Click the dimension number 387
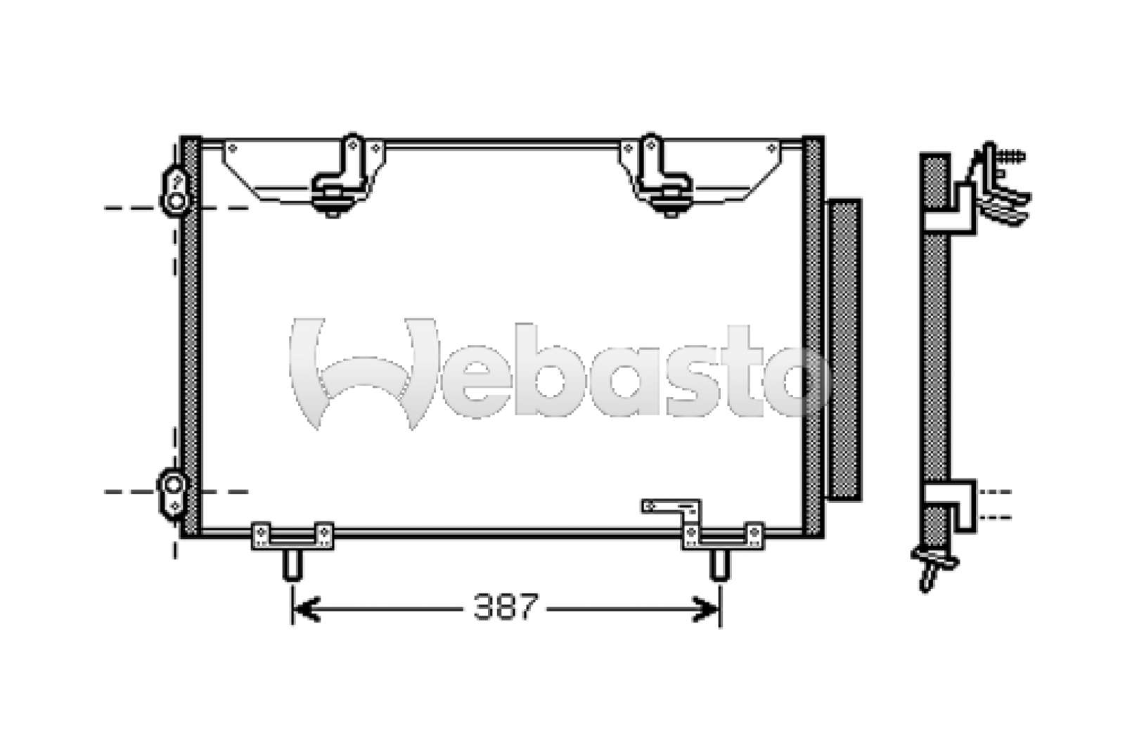[x=506, y=607]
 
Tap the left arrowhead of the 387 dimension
[x=306, y=609]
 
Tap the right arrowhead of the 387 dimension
[x=706, y=609]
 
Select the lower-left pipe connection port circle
[x=174, y=485]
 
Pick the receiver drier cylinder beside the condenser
[x=844, y=350]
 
